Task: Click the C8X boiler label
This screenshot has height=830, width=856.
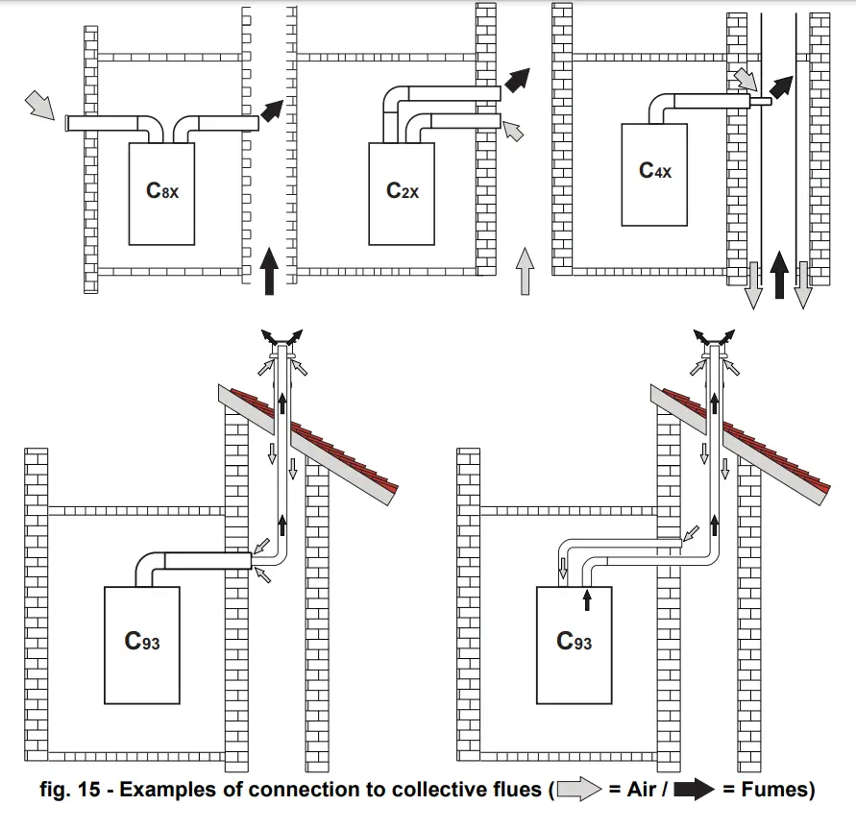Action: (x=162, y=190)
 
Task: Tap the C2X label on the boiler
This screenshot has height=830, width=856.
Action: (x=403, y=190)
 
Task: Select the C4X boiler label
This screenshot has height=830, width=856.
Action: (x=655, y=171)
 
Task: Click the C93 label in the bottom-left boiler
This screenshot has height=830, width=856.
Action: (x=142, y=641)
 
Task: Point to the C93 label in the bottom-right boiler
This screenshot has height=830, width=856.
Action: (x=575, y=641)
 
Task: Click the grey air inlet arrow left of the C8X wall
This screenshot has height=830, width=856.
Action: (x=39, y=105)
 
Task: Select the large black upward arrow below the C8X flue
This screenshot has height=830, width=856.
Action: (x=271, y=270)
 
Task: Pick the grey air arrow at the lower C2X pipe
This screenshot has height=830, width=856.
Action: (x=516, y=131)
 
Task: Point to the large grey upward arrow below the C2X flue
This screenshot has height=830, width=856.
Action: (x=524, y=270)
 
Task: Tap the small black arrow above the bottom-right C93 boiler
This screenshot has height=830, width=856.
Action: (x=587, y=599)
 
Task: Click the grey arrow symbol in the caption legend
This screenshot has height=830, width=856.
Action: (x=582, y=791)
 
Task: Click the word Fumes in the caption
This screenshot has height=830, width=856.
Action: (x=774, y=791)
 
